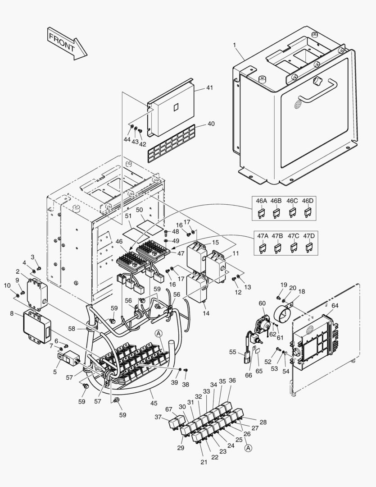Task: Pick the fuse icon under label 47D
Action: click(309, 247)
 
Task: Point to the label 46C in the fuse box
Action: click(292, 201)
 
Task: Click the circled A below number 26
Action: click(248, 448)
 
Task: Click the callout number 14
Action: click(207, 312)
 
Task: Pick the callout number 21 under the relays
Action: click(204, 463)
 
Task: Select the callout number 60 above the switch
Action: click(262, 303)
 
